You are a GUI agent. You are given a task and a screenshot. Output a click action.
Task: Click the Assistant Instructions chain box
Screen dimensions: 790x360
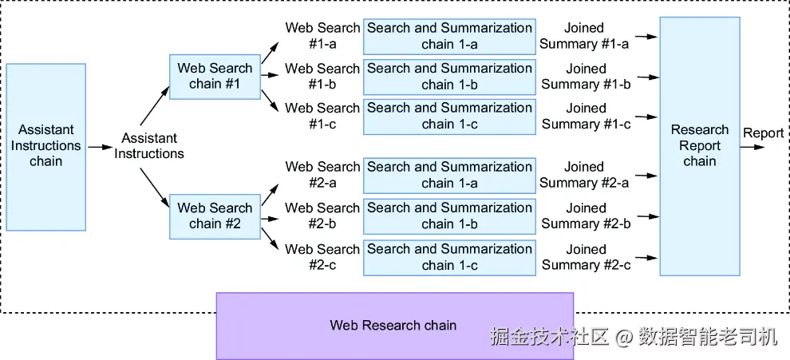pos(45,147)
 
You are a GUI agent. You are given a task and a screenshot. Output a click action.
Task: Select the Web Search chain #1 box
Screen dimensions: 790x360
pos(215,76)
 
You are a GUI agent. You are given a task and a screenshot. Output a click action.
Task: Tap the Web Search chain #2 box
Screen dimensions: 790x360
pos(215,216)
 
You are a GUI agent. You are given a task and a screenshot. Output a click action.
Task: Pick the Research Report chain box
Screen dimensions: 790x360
pos(700,146)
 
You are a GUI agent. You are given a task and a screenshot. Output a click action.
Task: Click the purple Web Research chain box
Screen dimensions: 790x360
pos(395,325)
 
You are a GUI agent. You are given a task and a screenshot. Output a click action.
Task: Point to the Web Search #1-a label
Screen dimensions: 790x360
pos(322,36)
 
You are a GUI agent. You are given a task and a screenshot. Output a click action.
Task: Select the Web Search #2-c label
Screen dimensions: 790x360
pos(322,257)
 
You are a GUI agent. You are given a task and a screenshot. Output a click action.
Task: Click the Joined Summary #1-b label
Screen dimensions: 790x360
pos(586,76)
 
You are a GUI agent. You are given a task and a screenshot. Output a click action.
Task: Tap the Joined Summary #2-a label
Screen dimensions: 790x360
pos(584,175)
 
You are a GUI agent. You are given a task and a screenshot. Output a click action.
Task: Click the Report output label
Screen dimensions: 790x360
pos(764,133)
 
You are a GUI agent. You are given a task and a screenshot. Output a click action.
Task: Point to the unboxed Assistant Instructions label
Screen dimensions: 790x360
pos(149,146)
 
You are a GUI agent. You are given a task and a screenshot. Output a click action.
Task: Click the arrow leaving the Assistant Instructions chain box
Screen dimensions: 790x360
pos(99,147)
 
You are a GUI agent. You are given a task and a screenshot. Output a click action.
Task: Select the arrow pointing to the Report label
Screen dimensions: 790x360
pos(752,147)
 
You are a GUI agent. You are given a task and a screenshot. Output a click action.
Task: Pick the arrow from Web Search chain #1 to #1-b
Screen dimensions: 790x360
pos(271,76)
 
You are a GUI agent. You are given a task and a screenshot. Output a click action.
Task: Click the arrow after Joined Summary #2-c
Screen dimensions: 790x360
pos(646,258)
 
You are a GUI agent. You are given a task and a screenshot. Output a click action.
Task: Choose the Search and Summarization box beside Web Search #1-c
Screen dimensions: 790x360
pos(449,117)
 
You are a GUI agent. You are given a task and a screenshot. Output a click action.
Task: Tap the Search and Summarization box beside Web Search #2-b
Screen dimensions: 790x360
pos(449,217)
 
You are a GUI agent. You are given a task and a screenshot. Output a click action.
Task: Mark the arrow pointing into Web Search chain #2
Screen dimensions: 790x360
pos(155,188)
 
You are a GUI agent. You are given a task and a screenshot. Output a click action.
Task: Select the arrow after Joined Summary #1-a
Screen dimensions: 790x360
pos(646,36)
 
